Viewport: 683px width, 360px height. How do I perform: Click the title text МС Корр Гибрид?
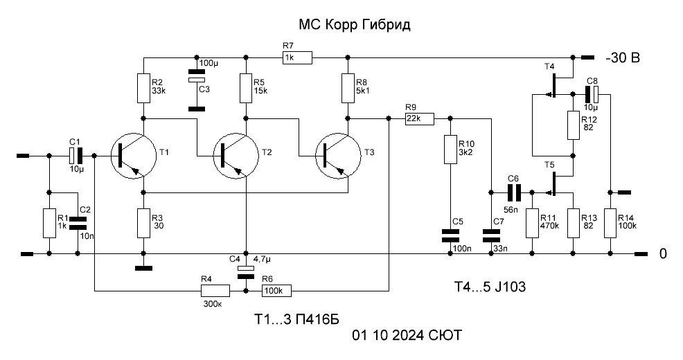pos(354,26)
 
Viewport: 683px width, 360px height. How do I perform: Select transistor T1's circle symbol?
pos(132,156)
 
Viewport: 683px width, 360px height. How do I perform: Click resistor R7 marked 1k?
pos(297,58)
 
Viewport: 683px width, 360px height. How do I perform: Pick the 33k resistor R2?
pos(143,87)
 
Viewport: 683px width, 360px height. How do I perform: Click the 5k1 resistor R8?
pos(348,87)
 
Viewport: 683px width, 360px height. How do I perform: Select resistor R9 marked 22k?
pos(419,119)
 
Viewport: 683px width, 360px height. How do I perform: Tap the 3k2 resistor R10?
pos(450,150)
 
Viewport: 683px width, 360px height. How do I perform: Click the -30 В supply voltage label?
pos(622,58)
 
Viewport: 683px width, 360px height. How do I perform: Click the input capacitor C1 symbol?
pos(76,156)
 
